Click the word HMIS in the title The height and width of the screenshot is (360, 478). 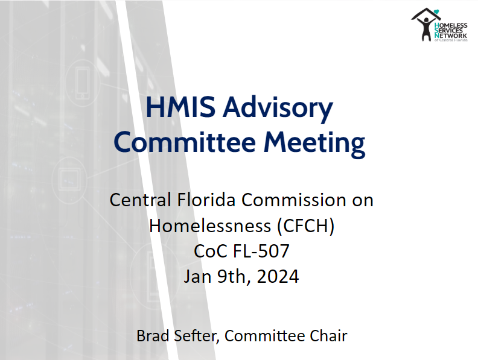coord(180,107)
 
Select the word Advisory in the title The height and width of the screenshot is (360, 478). coord(278,109)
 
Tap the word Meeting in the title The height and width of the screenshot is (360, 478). coord(314,143)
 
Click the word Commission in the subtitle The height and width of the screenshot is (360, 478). coord(294,200)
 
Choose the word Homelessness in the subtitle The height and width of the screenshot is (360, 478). coord(210,226)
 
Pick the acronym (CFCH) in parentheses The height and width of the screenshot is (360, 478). coord(306,226)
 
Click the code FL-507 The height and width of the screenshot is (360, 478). coord(261,251)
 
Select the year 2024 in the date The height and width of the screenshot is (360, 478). coord(278,277)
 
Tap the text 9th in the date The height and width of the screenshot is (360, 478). coord(234,277)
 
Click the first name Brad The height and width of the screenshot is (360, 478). coord(153,336)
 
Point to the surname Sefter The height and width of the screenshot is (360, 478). coord(196,336)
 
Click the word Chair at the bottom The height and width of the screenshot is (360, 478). coord(328,336)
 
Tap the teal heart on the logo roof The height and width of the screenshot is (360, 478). coord(436,12)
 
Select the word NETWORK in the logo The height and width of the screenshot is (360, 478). coord(451,36)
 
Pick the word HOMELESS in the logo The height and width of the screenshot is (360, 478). coord(451,25)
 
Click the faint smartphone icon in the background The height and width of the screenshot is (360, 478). coord(83,83)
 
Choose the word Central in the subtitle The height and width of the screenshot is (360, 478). coord(141,200)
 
